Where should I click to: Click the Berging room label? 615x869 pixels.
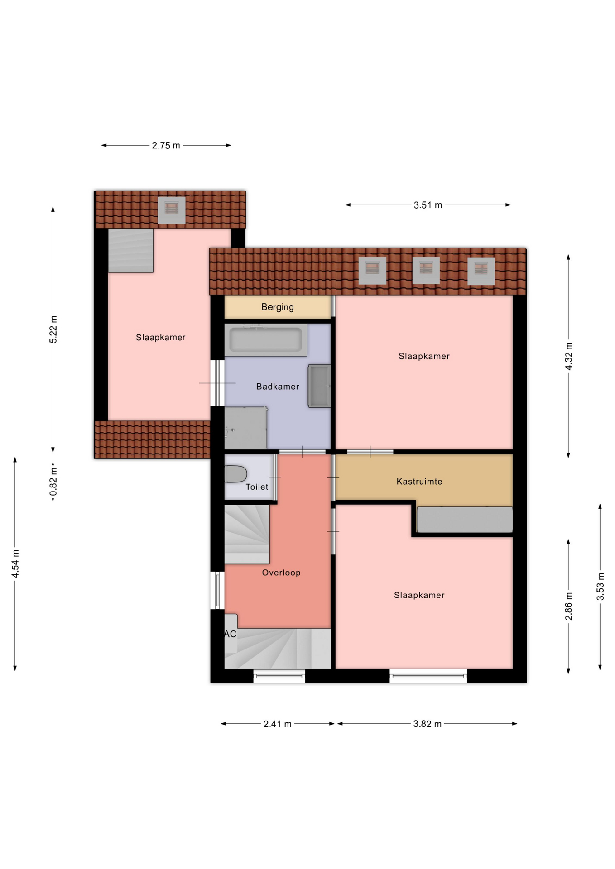coord(277,307)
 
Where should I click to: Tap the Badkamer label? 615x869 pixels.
coord(278,387)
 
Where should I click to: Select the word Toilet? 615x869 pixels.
coord(257,487)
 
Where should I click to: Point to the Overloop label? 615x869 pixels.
coord(281,573)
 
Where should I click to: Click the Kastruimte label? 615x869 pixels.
coord(419,482)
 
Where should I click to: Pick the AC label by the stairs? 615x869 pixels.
coord(231,634)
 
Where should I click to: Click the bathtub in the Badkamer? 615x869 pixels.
coord(265,339)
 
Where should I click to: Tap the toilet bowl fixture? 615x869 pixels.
coord(235,474)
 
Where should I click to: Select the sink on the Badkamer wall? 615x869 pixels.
coord(319,386)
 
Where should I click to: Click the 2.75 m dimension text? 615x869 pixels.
coord(166,146)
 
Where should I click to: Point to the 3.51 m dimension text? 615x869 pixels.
coord(428,205)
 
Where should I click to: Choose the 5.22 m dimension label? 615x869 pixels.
coord(53,329)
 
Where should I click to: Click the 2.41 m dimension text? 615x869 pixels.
coord(278,724)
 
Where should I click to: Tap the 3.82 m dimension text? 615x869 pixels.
coord(427,724)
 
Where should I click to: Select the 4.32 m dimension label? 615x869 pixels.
coord(569,356)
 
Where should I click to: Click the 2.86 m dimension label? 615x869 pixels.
coord(569,606)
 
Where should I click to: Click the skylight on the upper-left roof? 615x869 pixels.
coord(172,210)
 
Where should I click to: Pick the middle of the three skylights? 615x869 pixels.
coord(426,270)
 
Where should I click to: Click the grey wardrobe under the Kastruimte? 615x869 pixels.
coord(465,520)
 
